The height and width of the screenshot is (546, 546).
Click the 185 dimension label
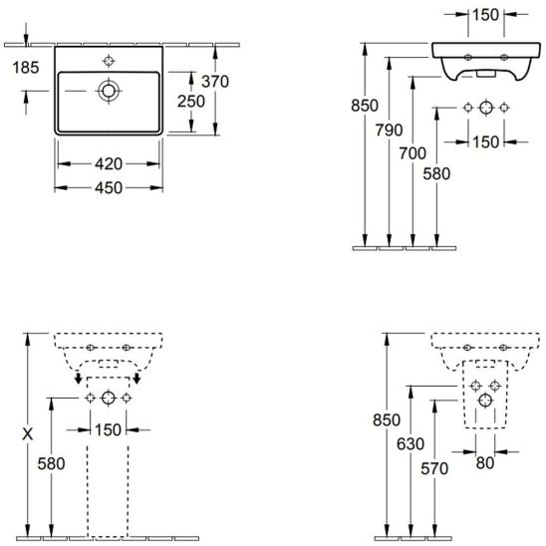point(26,68)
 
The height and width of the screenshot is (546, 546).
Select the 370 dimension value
point(215,82)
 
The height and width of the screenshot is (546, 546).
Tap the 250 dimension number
point(191,102)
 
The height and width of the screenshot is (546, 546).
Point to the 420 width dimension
point(109,163)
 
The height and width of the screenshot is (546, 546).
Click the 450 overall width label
point(109,188)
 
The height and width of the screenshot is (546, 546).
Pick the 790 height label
point(389,131)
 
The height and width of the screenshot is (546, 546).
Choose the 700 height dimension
point(412,153)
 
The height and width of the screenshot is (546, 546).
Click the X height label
point(28,434)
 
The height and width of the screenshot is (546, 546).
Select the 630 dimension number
point(410,444)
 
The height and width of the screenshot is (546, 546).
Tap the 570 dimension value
point(434,468)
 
